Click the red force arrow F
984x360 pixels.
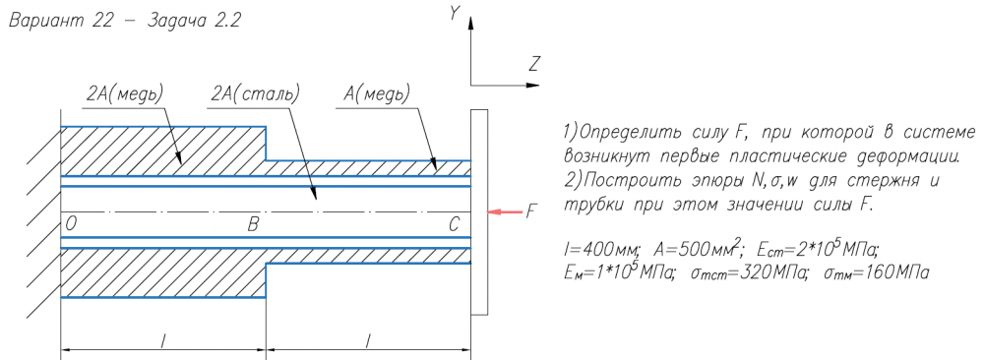506,212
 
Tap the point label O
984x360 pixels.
70,224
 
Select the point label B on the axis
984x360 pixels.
253,224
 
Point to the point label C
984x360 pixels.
456,224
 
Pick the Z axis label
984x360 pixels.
534,64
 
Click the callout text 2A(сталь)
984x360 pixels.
255,94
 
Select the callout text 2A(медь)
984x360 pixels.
125,94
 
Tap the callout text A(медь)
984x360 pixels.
376,94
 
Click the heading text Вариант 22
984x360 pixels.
60,20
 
